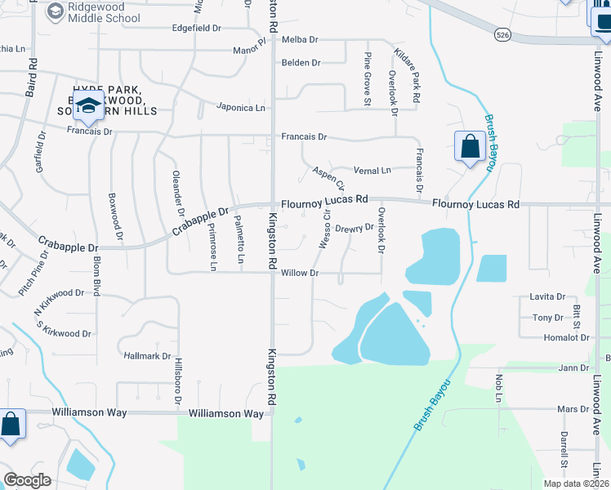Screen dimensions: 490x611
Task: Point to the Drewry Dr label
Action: [354, 228]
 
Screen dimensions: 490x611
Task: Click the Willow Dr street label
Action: [299, 273]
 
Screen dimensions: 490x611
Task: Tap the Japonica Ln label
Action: [241, 107]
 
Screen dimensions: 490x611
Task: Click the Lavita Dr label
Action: [547, 297]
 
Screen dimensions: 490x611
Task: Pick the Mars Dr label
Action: [567, 408]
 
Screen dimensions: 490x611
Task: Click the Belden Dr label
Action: [301, 62]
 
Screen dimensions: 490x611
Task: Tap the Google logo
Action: [28, 480]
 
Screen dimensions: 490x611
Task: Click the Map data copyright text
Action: [577, 483]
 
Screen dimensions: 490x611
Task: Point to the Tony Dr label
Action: [547, 318]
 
